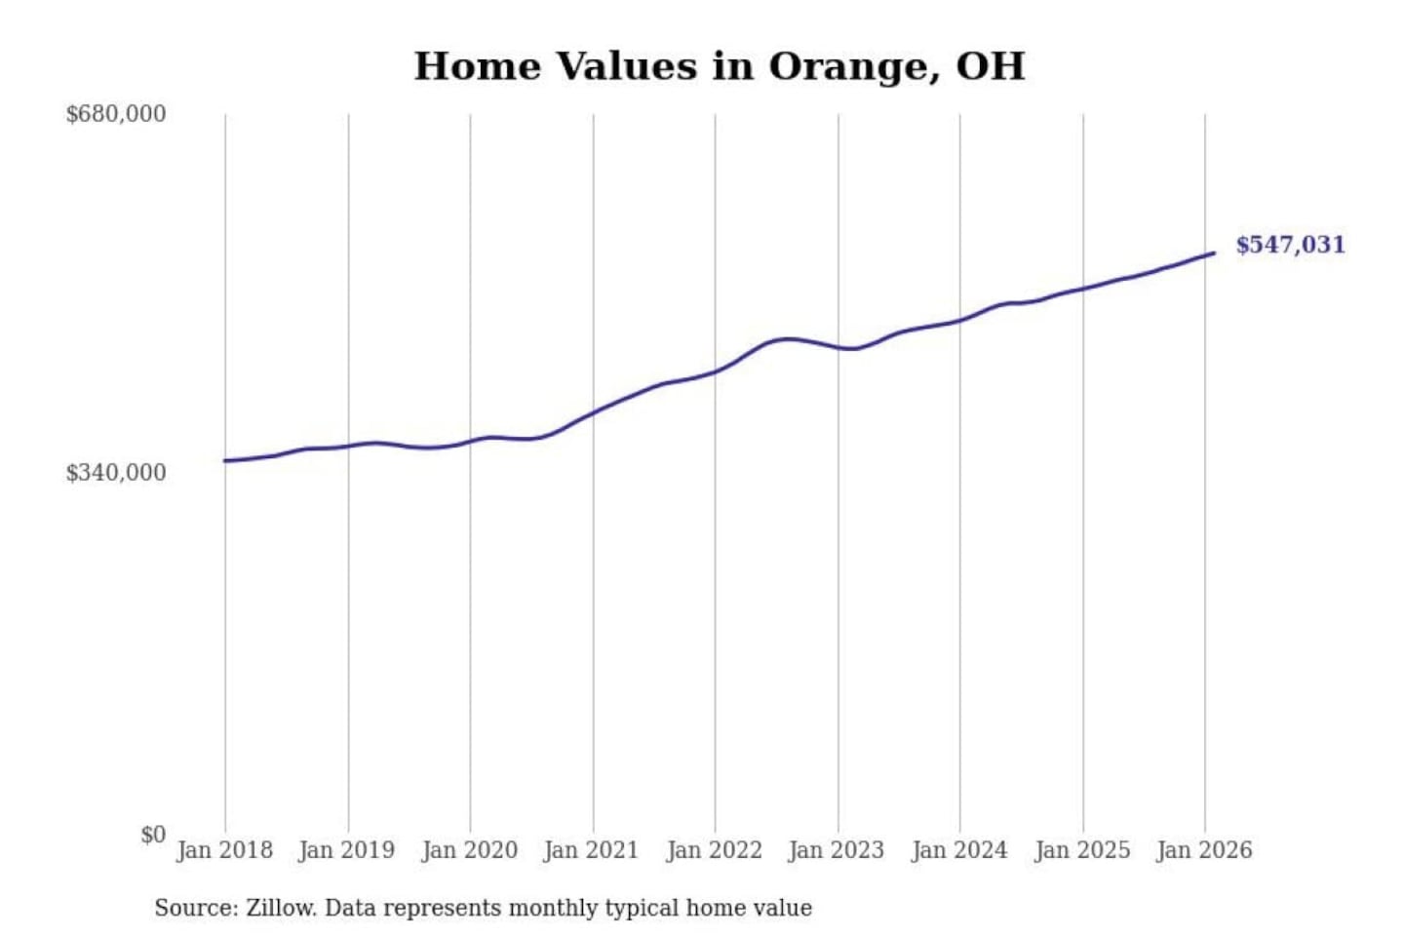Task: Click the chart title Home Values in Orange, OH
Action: pos(720,66)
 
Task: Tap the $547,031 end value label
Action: pos(1290,245)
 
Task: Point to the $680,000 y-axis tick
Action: pos(115,114)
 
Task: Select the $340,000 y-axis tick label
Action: pos(115,473)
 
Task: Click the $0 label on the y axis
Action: pos(152,835)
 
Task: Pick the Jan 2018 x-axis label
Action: pos(224,850)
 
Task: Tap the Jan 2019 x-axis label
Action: pos(346,850)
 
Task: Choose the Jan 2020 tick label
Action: pos(469,850)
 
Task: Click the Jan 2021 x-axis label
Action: pos(591,850)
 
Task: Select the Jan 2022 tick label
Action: pos(714,850)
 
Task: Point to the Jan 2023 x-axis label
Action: pos(836,850)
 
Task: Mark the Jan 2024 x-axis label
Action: pos(958,850)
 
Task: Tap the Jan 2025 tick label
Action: pos(1081,850)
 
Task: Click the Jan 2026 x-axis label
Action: pos(1203,850)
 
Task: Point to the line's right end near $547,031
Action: pos(1213,253)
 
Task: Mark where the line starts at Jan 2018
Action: pos(225,460)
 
